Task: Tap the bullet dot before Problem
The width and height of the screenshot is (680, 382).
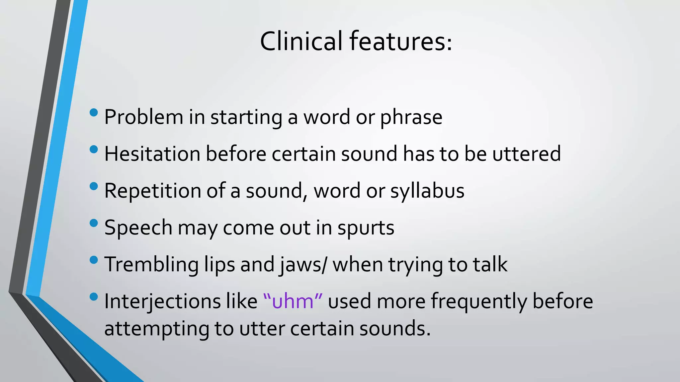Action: click(x=94, y=113)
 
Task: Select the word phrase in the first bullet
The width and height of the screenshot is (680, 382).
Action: click(x=411, y=117)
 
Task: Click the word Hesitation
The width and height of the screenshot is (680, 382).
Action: click(x=152, y=154)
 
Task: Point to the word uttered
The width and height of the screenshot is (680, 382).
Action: click(x=526, y=154)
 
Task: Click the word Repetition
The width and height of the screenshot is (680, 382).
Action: click(x=153, y=191)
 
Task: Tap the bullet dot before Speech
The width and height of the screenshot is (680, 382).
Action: click(x=94, y=223)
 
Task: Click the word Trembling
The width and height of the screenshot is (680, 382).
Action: click(x=151, y=265)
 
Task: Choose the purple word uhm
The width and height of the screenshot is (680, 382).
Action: click(x=293, y=301)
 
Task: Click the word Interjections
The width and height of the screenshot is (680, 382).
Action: click(x=162, y=301)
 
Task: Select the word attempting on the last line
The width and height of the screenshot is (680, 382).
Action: click(x=156, y=329)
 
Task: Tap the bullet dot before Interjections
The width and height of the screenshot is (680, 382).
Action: click(x=94, y=297)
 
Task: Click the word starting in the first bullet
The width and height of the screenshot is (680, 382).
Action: click(x=246, y=117)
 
